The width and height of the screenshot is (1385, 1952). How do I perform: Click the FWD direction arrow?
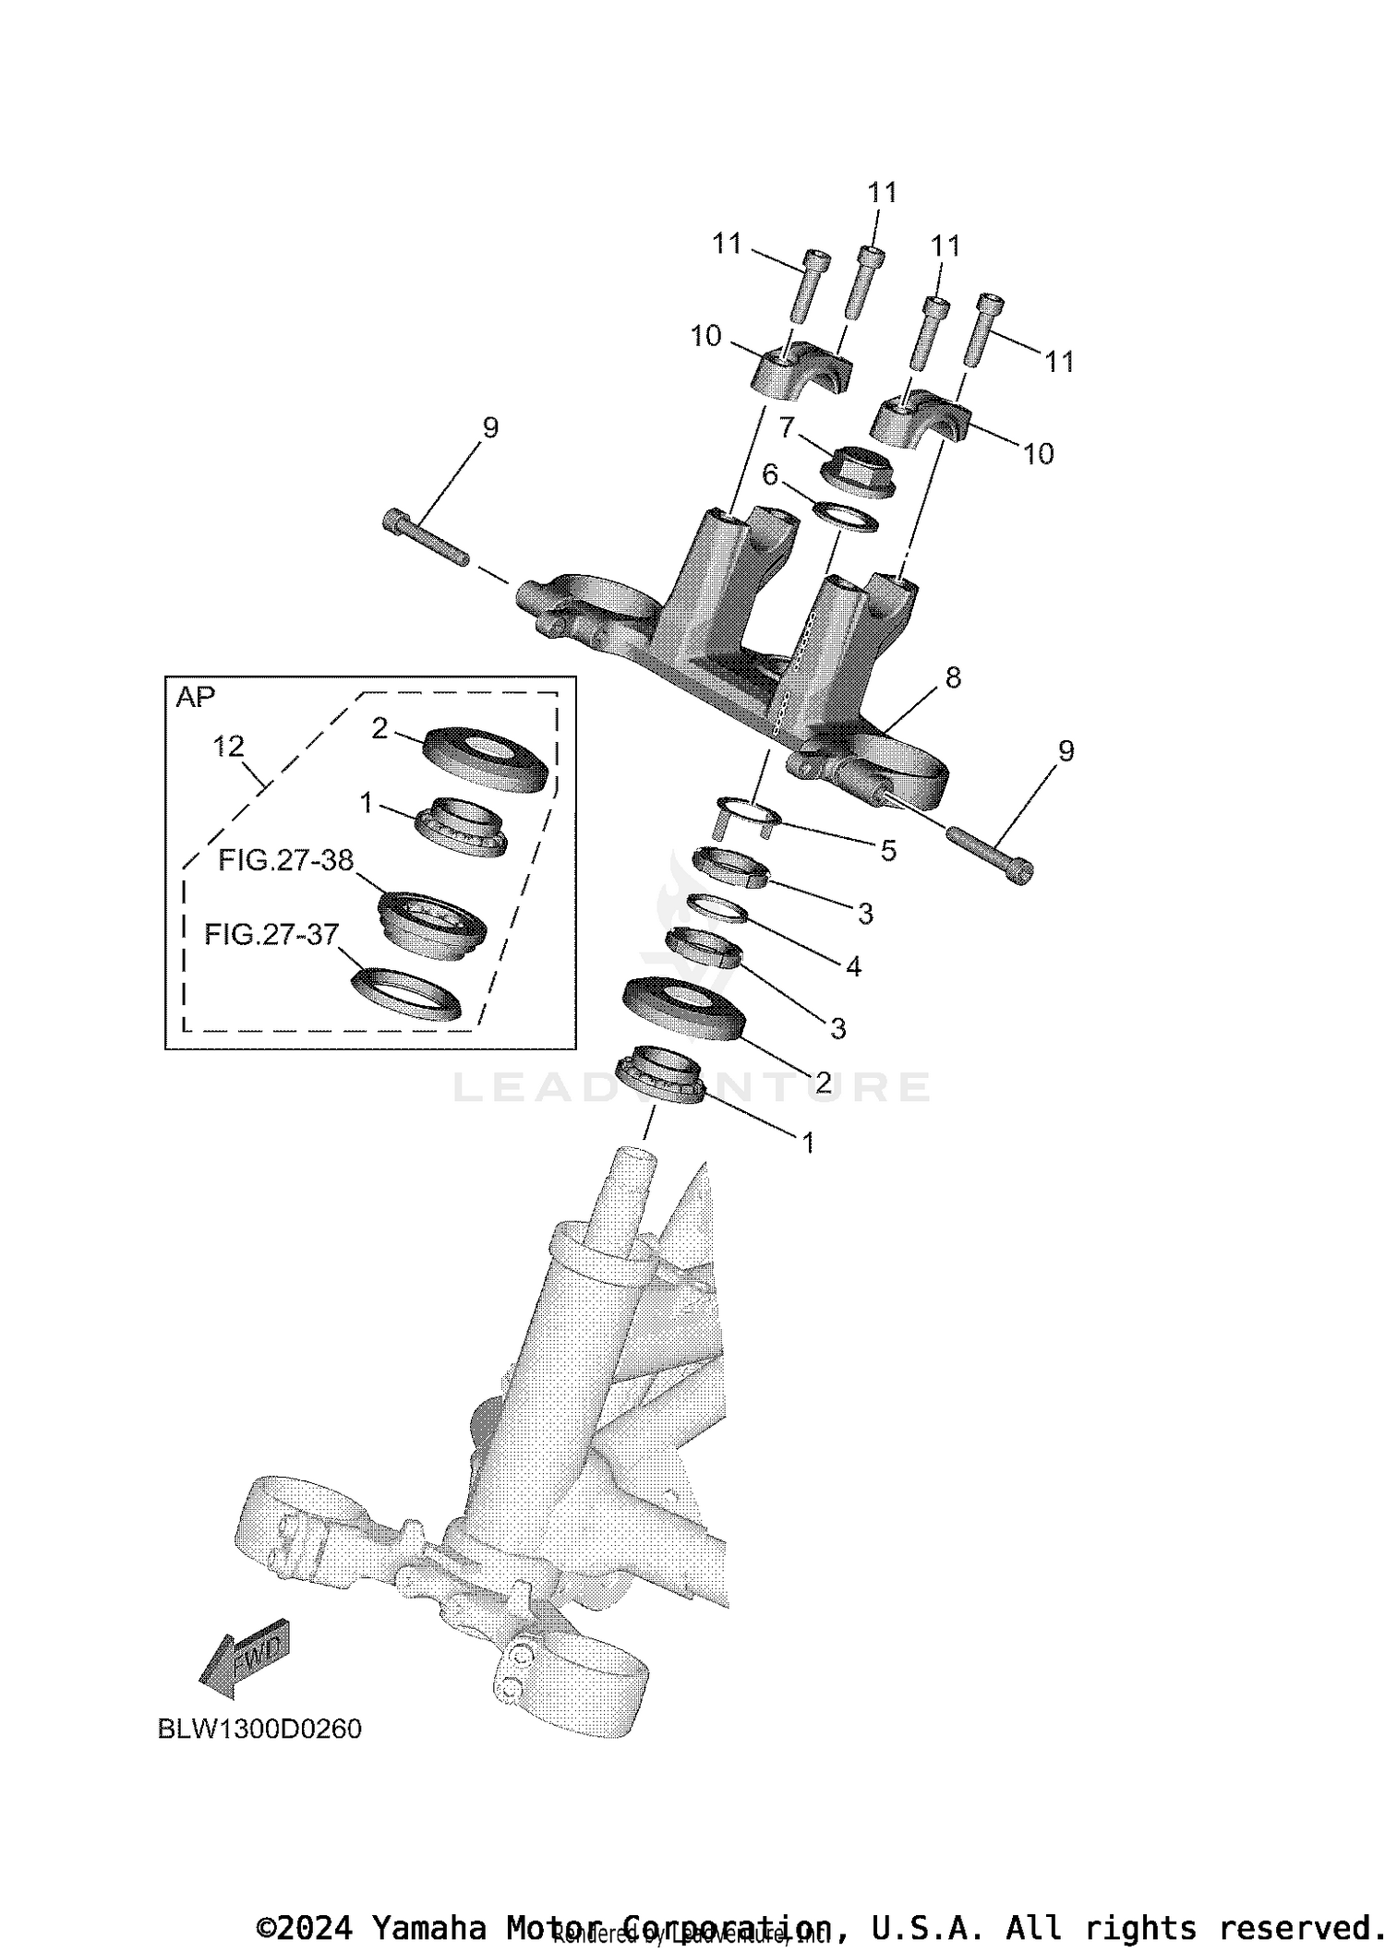(246, 1657)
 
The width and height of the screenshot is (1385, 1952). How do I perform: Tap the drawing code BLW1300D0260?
(259, 1729)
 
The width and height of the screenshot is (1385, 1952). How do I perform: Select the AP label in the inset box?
(195, 698)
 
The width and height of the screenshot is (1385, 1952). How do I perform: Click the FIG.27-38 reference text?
(285, 860)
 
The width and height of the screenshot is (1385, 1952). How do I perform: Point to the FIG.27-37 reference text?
(271, 934)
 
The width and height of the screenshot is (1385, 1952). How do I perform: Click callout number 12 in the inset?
(228, 746)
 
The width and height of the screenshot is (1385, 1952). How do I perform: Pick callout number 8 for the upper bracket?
(953, 678)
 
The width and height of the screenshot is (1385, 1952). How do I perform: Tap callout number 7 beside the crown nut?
(787, 427)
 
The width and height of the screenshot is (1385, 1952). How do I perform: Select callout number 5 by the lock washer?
(888, 850)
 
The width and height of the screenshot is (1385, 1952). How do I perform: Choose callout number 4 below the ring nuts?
(853, 966)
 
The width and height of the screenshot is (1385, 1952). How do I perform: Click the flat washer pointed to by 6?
(845, 518)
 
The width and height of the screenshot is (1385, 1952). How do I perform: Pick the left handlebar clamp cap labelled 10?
(800, 371)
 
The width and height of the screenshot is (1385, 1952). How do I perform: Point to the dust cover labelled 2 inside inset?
(485, 758)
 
